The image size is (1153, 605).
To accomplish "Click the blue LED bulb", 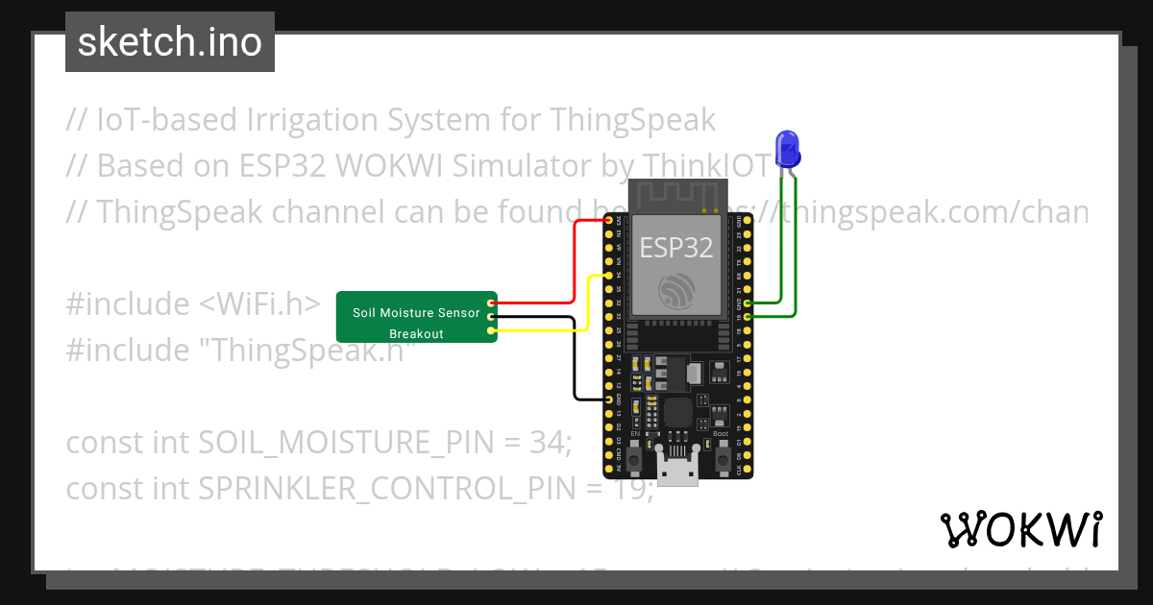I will pyautogui.click(x=789, y=146).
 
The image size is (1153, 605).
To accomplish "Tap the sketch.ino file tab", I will pyautogui.click(x=170, y=42).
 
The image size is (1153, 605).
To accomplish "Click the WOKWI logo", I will pyautogui.click(x=1020, y=529).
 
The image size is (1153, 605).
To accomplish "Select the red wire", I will pyautogui.click(x=575, y=259).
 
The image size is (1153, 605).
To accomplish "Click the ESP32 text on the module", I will pyautogui.click(x=677, y=247).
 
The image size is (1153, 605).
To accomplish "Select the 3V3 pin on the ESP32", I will pyautogui.click(x=609, y=221).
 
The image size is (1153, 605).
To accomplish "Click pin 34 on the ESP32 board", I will pyautogui.click(x=609, y=276).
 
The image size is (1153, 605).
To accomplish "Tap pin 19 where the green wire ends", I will pyautogui.click(x=748, y=316).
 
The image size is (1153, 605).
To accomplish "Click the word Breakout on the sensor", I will pyautogui.click(x=416, y=334).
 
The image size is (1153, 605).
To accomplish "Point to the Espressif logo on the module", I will pyautogui.click(x=677, y=291).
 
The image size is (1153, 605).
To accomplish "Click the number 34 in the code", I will pyautogui.click(x=550, y=443).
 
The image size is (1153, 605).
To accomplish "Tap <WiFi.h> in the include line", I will pyautogui.click(x=259, y=304).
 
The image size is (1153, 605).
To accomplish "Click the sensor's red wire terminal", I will pyautogui.click(x=491, y=302).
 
